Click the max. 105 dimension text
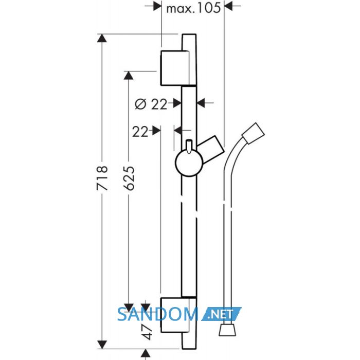[x=193, y=9]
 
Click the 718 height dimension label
[x=102, y=178]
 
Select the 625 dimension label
[x=129, y=178]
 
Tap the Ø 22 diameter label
[x=151, y=104]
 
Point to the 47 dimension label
[x=147, y=332]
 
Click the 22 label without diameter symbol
[x=140, y=132]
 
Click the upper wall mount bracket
[x=175, y=68]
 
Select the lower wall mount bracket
[x=175, y=315]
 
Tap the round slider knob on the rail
[x=189, y=163]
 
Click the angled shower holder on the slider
[x=211, y=149]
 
